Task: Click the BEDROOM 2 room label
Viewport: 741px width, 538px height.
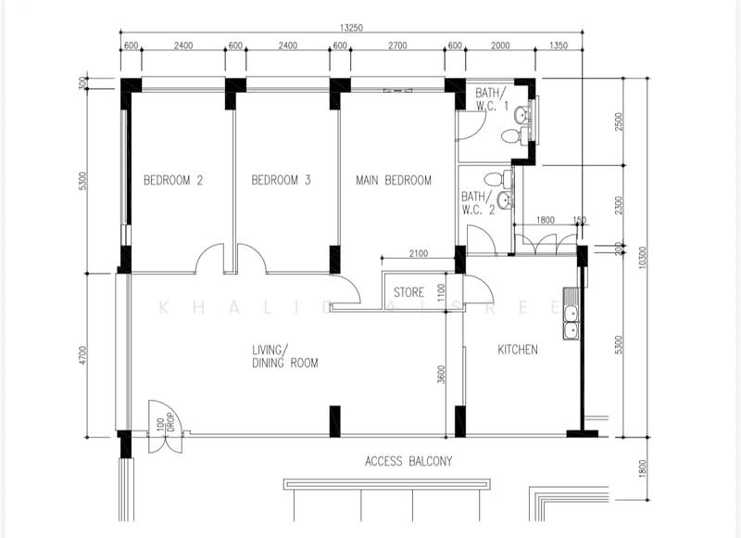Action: pyautogui.click(x=172, y=181)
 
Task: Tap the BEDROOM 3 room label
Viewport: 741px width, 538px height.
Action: pyautogui.click(x=281, y=181)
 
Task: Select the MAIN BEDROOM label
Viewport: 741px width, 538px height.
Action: pyautogui.click(x=394, y=181)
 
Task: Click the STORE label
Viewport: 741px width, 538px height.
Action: pyautogui.click(x=408, y=293)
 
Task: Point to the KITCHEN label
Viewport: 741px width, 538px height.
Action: pyautogui.click(x=518, y=350)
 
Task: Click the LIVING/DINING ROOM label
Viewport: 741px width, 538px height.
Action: pyautogui.click(x=284, y=356)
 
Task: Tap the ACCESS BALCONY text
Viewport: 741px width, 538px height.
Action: pyautogui.click(x=408, y=461)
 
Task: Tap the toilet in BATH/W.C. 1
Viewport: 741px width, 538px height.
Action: pyautogui.click(x=509, y=136)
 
